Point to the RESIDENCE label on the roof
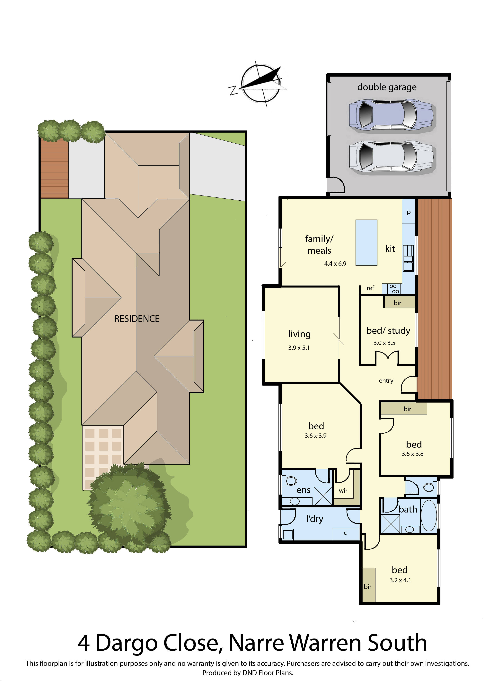(x=137, y=319)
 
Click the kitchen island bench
(x=366, y=243)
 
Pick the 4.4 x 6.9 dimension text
(x=335, y=263)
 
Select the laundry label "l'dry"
(x=314, y=519)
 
